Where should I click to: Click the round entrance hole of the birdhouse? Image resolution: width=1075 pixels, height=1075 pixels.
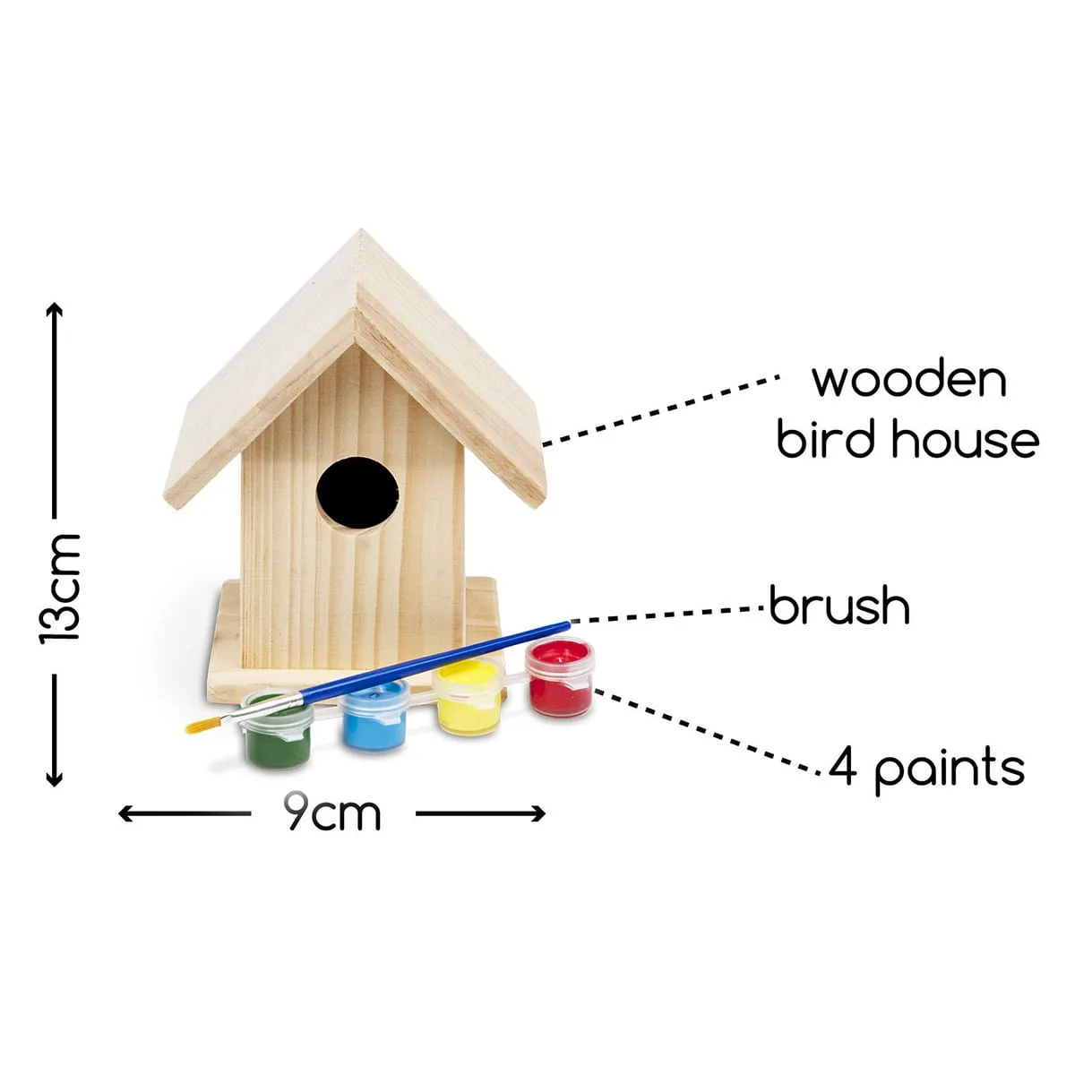(x=357, y=494)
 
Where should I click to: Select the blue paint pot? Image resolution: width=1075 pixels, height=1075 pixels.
(x=374, y=716)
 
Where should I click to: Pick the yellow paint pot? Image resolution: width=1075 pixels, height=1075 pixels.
(x=468, y=697)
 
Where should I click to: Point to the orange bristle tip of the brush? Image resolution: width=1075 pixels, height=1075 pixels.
(x=196, y=726)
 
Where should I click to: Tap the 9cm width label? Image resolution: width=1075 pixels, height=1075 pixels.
(x=333, y=814)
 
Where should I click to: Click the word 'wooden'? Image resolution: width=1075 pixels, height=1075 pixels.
(x=909, y=381)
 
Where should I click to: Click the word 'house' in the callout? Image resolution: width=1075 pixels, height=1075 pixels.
(x=966, y=440)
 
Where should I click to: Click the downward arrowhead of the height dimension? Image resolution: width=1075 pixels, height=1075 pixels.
(x=54, y=779)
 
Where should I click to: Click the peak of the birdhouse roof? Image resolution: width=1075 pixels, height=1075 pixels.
(x=361, y=230)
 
